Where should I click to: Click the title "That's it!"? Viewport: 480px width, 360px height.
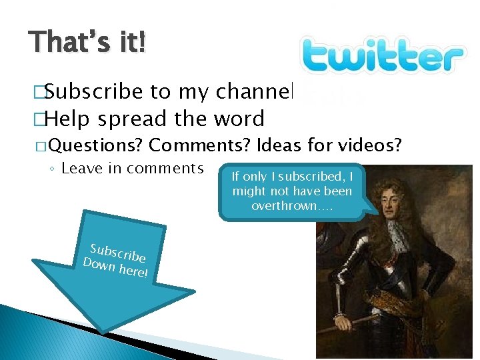87,44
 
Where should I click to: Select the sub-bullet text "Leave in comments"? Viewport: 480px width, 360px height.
132,168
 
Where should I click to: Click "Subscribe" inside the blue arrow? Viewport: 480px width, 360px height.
118,253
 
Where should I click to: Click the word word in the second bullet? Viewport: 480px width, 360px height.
239,119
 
